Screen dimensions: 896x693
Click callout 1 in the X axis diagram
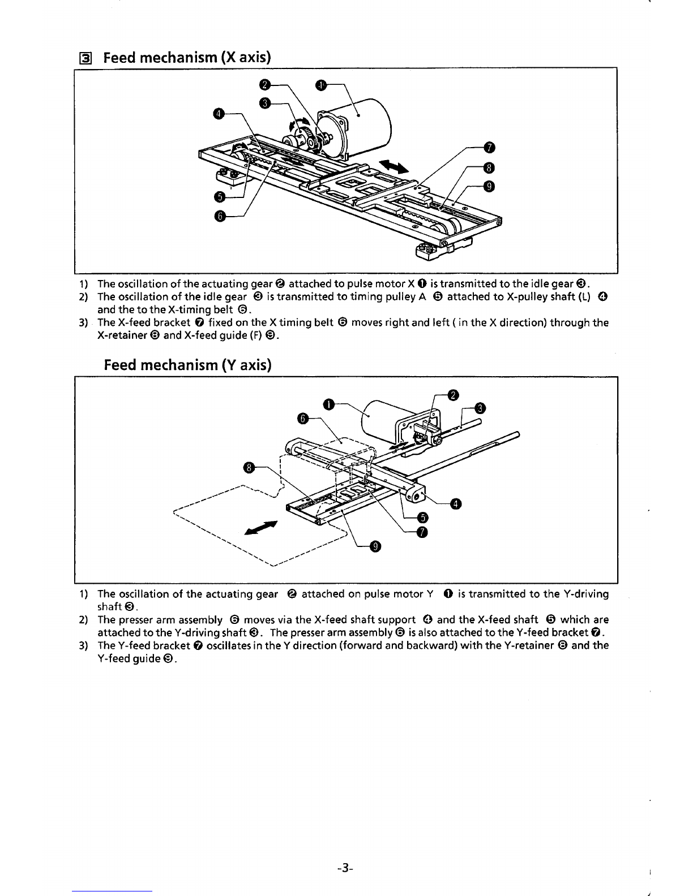click(320, 85)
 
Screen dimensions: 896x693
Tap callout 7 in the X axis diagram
click(490, 149)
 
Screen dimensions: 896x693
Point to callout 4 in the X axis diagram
click(219, 114)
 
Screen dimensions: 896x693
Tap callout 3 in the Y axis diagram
click(480, 408)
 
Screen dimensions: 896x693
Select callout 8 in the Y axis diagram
click(247, 467)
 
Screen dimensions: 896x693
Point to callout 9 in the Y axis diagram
click(374, 546)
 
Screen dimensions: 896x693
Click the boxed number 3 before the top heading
click(82, 58)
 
